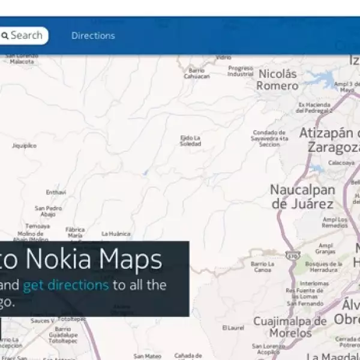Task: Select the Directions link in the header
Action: click(93, 35)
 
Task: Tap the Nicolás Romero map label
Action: click(277, 80)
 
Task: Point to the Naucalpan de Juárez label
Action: click(302, 196)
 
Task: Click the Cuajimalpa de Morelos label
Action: click(290, 327)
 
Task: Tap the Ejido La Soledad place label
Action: click(190, 141)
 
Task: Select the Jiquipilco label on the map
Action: click(24, 145)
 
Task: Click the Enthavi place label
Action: click(55, 192)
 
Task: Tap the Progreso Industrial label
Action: click(241, 71)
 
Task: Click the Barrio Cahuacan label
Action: click(197, 73)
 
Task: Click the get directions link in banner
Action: click(66, 284)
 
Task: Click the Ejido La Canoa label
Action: click(262, 267)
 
